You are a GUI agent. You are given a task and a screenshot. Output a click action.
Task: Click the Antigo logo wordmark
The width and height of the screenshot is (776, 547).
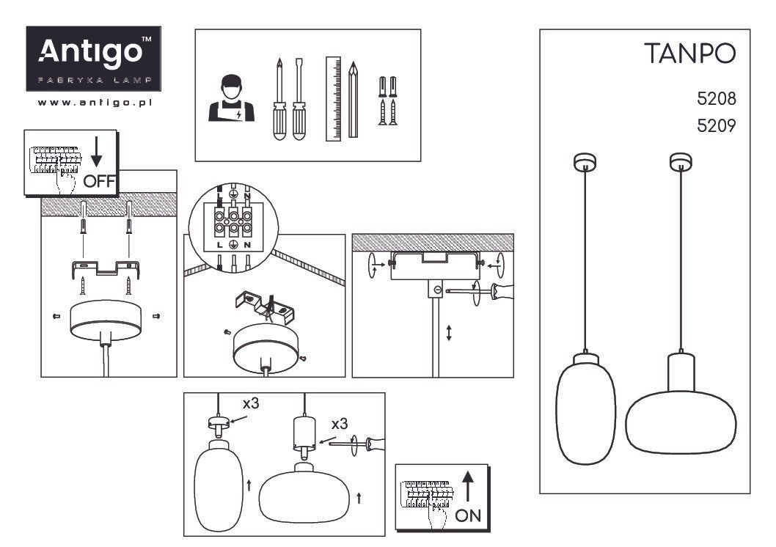[x=91, y=52]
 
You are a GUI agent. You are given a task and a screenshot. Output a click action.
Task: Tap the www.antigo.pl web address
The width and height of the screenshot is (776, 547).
[x=95, y=103]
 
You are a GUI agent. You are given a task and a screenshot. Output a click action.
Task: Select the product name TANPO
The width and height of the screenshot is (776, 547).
[x=690, y=54]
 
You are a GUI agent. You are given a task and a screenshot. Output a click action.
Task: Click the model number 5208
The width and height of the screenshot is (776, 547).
[x=716, y=99]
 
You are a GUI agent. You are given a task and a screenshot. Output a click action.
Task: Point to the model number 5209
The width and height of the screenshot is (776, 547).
[x=716, y=125]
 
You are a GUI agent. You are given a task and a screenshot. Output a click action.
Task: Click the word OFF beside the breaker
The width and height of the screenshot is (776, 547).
[x=99, y=182]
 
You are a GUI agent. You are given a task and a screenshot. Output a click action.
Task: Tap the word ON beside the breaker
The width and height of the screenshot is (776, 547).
[x=468, y=516]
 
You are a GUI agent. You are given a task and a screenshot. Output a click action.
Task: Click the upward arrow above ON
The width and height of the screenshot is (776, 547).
[x=468, y=487]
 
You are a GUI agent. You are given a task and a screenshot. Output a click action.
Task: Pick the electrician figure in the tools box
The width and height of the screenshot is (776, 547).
[x=231, y=98]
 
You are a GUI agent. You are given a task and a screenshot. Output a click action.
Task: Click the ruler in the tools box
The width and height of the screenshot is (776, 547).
[x=334, y=99]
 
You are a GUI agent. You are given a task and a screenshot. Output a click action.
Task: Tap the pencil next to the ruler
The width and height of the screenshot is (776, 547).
[x=353, y=100]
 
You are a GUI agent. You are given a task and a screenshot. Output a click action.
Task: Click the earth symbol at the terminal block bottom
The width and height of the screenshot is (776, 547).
[x=233, y=244]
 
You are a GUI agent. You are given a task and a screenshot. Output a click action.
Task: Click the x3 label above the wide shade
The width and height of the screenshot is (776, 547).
[x=340, y=424]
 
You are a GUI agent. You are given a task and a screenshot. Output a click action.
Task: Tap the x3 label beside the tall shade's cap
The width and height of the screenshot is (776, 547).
[x=251, y=403]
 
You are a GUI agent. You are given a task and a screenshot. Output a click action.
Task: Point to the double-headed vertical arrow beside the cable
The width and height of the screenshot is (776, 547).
[x=449, y=332]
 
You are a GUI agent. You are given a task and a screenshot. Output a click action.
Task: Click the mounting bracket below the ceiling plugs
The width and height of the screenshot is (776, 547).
[x=106, y=268]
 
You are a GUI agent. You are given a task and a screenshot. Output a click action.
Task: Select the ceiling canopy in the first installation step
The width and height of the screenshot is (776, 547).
[x=106, y=320]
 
